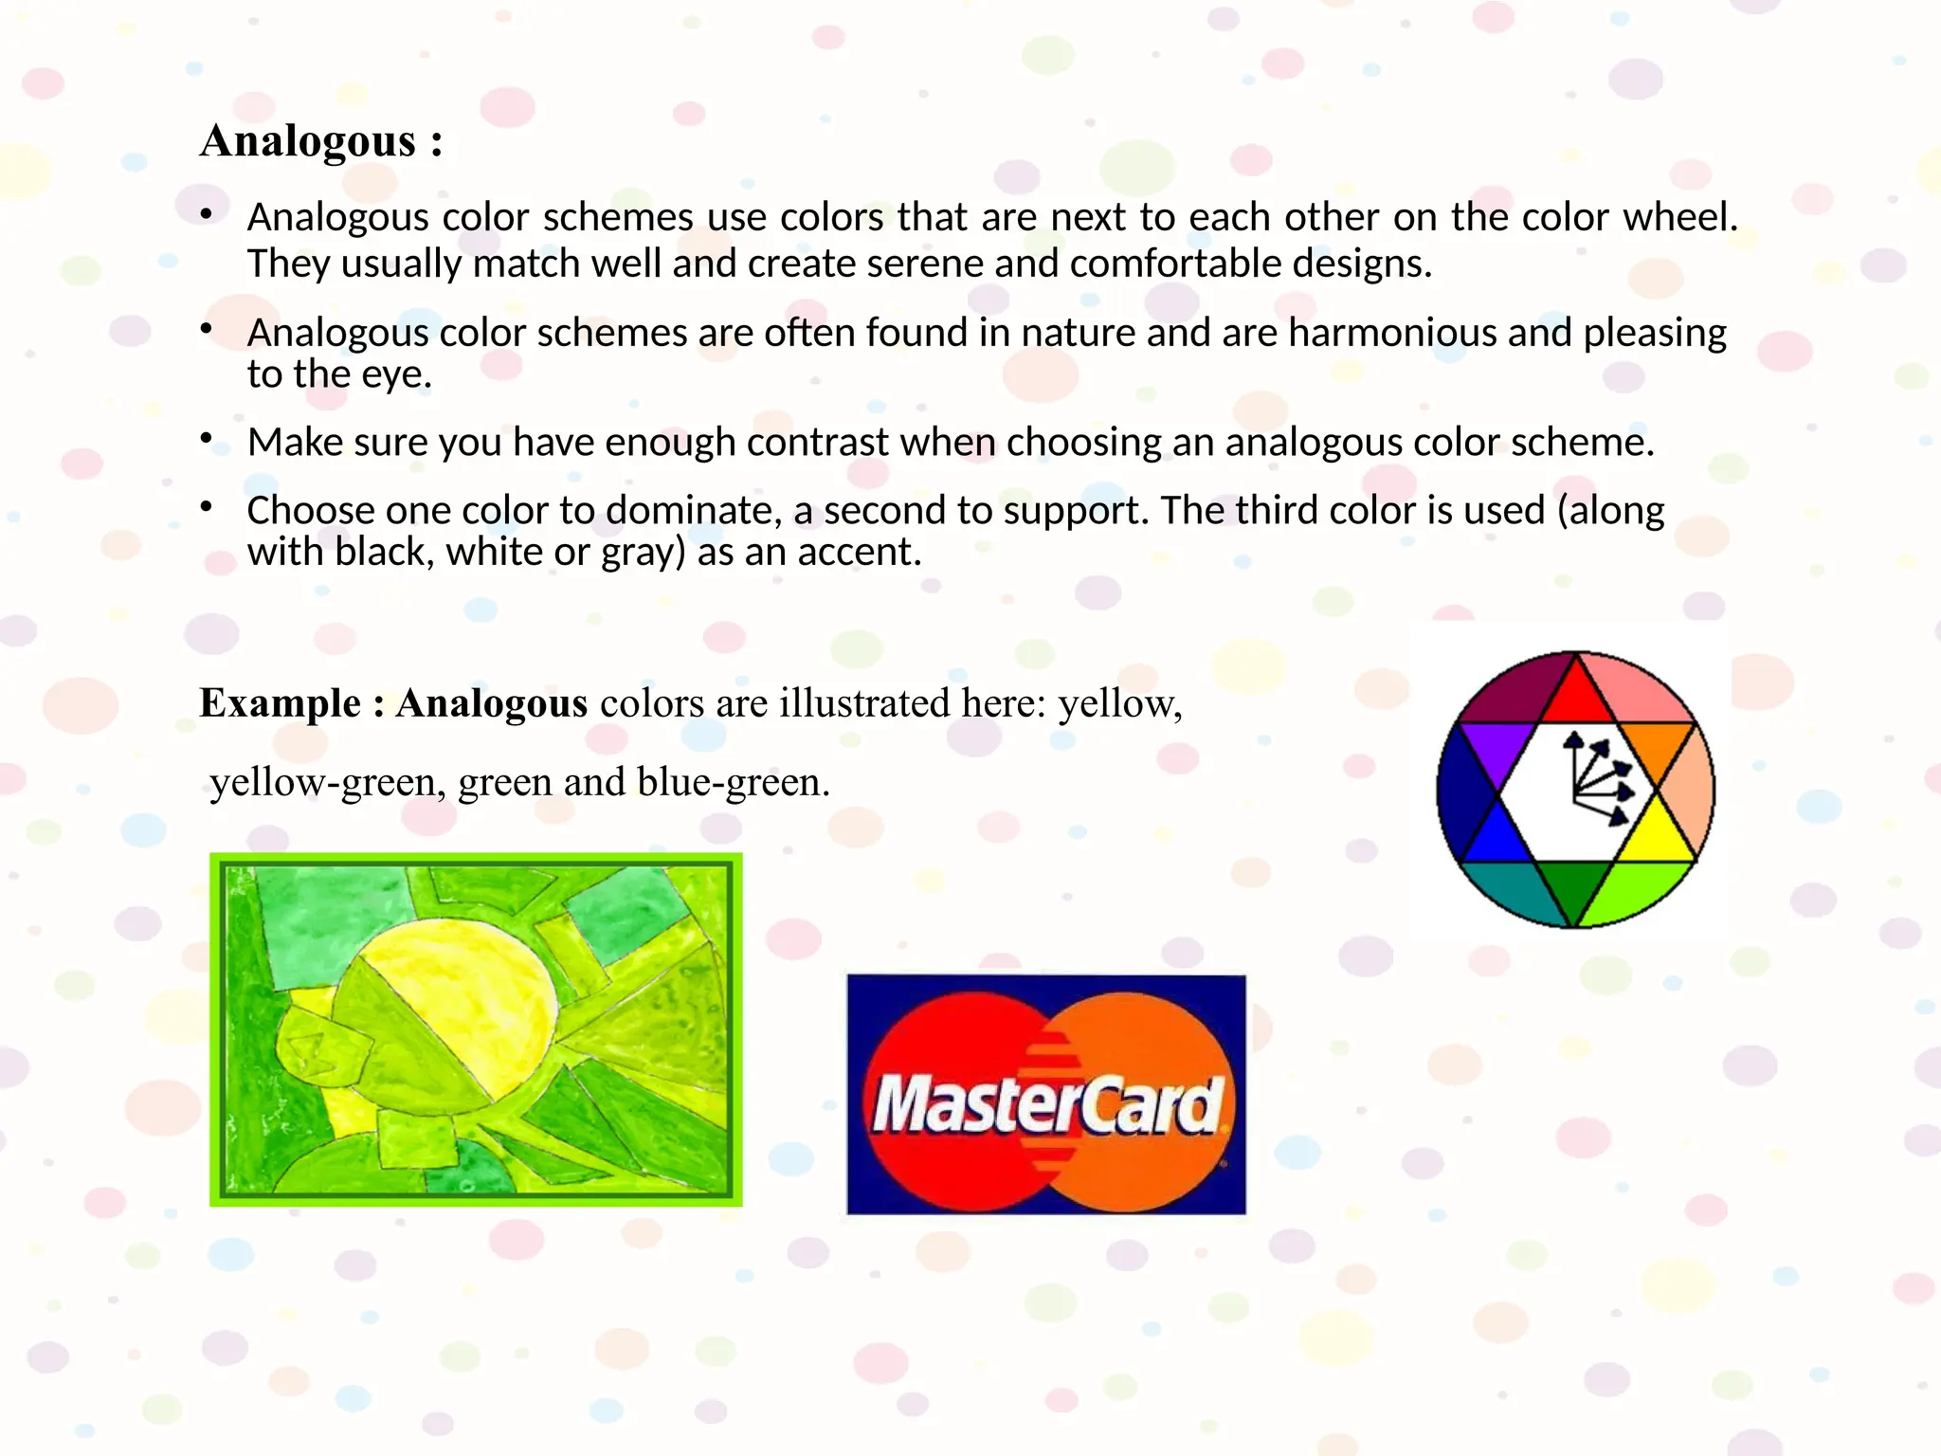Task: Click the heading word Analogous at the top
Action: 308,142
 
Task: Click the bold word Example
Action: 280,704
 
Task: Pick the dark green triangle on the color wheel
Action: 1574,885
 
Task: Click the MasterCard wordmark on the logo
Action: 1046,1105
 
